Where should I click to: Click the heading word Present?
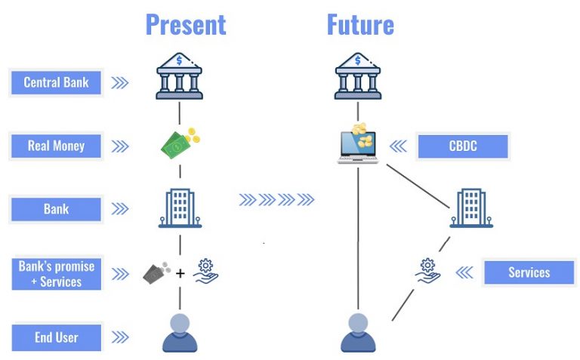coord(186,24)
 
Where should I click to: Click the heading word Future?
coord(359,24)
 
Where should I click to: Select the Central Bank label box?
coord(56,82)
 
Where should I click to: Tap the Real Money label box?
coord(56,146)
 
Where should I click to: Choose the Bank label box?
coord(56,209)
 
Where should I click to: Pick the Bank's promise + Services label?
coord(56,274)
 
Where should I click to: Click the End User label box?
coord(56,337)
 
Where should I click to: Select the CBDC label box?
coord(462,146)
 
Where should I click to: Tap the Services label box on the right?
coord(529,272)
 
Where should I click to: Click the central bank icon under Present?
coord(180,75)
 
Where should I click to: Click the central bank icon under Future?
coord(358,75)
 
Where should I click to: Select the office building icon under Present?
coord(180,208)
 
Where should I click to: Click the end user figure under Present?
coord(180,333)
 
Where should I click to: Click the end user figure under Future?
coord(358,333)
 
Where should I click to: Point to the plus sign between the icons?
coord(180,273)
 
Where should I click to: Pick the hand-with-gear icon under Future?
coord(429,270)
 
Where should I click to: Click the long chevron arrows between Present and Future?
coord(276,200)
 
